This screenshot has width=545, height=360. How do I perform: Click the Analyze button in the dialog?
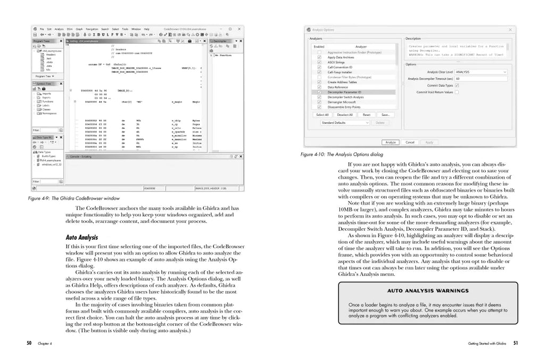[390, 143]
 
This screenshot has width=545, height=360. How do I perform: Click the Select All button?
[322, 115]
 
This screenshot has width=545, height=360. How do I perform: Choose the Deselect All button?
[345, 115]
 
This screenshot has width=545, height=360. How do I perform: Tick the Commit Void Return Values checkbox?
[457, 92]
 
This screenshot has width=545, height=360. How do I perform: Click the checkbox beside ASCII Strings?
[319, 63]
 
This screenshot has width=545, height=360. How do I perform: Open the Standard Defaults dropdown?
[345, 122]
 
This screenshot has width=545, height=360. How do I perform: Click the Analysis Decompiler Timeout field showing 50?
[481, 79]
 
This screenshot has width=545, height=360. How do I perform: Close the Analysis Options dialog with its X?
[510, 30]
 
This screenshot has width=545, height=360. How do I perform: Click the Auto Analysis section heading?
[81, 237]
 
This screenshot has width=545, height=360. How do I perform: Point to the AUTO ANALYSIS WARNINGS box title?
[428, 291]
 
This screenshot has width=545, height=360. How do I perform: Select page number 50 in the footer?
[29, 343]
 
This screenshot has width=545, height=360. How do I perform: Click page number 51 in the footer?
[515, 343]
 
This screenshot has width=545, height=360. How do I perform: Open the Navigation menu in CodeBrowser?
[92, 29]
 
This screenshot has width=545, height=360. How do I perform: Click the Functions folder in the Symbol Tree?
[47, 101]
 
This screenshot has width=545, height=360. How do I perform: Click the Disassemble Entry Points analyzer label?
[344, 107]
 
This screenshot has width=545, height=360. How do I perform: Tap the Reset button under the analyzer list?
[367, 115]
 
